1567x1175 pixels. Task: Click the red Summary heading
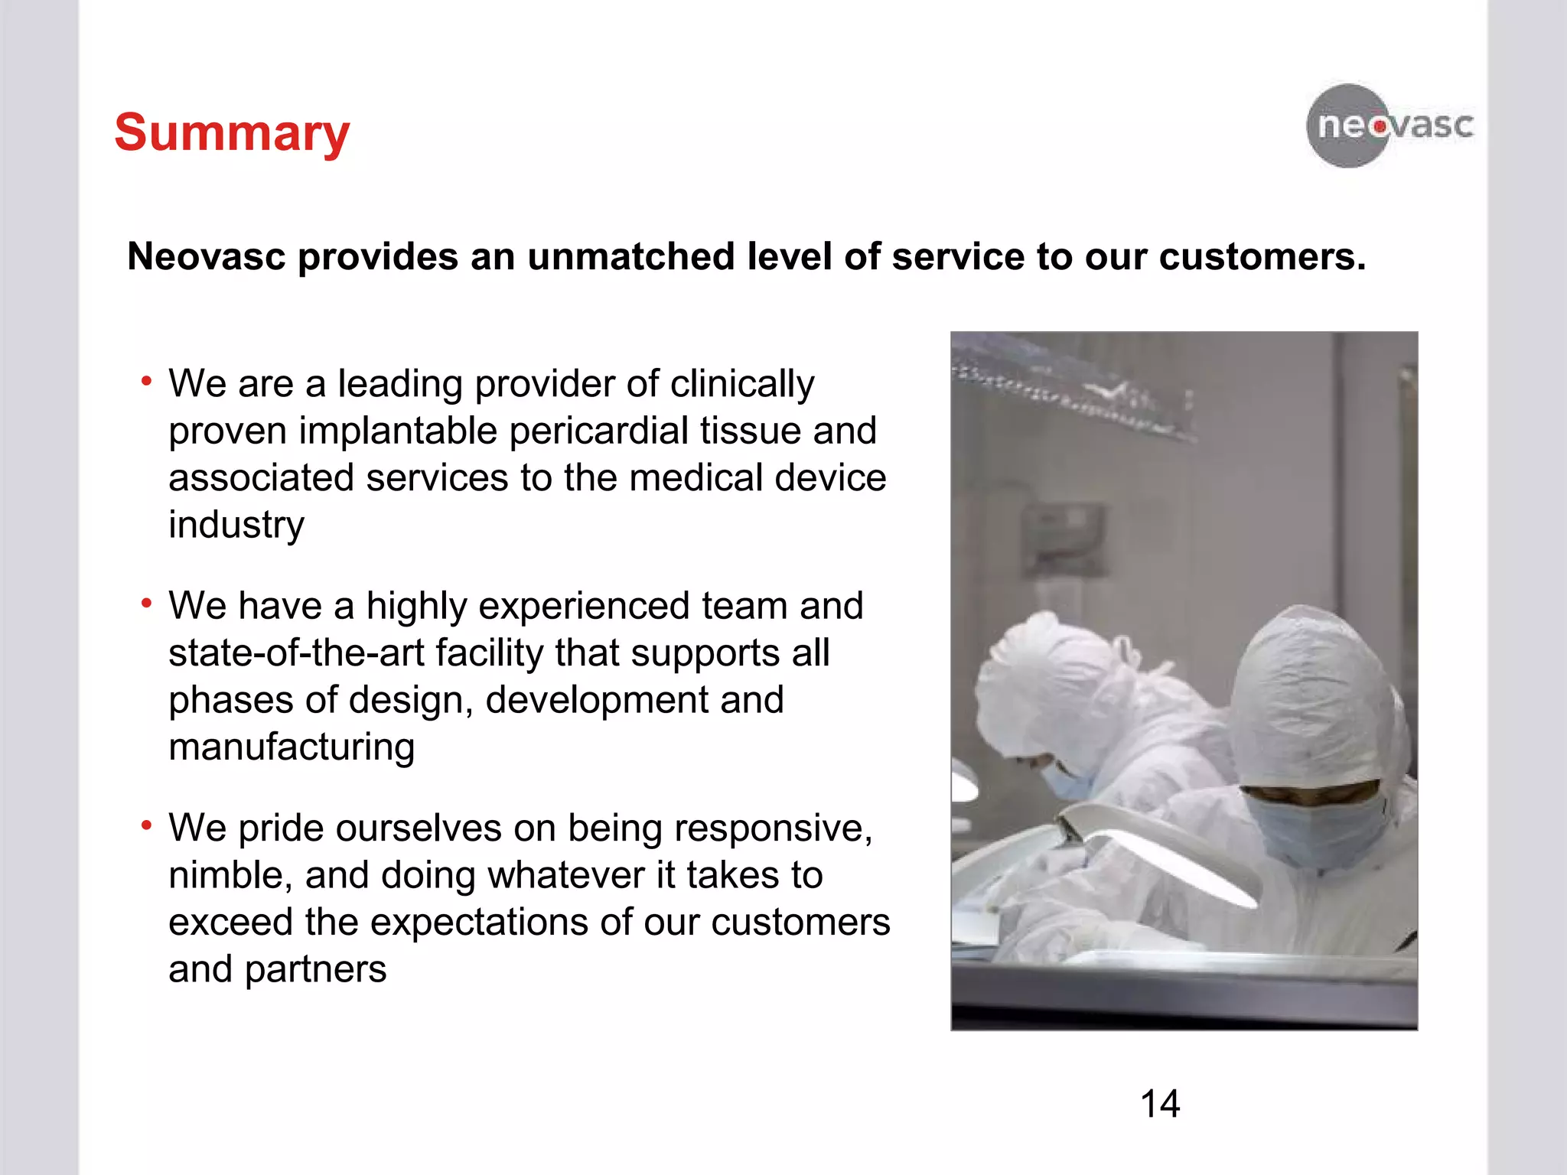232,133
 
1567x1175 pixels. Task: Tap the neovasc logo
1389,125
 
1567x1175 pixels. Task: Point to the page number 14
1160,1104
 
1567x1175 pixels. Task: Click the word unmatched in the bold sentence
630,256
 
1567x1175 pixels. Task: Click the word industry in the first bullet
236,525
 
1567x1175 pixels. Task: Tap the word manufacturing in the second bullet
292,747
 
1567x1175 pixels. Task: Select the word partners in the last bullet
315,970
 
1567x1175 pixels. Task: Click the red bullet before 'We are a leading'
146,381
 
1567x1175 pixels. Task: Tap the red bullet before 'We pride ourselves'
146,825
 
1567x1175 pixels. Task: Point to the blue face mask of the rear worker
1067,780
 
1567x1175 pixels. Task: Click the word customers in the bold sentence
1262,256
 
